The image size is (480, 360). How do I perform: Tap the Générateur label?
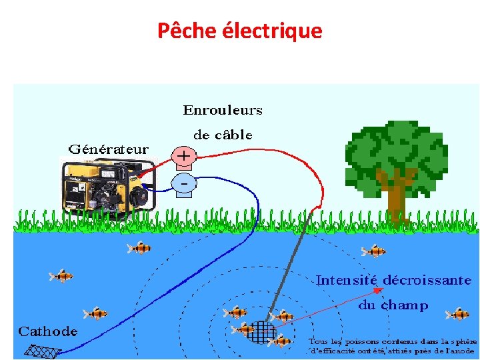pyautogui.click(x=108, y=148)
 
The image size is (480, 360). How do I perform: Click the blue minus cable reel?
pyautogui.click(x=184, y=182)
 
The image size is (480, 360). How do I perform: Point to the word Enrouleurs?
pyautogui.click(x=223, y=110)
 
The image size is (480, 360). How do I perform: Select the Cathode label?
pyautogui.click(x=47, y=331)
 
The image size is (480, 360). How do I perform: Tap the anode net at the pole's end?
pyautogui.click(x=261, y=332)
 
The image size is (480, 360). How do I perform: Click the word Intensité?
pyautogui.click(x=347, y=281)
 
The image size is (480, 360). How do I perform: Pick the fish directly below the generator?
pyautogui.click(x=139, y=249)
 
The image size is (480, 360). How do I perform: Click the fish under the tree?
pyautogui.click(x=373, y=251)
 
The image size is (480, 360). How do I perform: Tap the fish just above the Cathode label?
pyautogui.click(x=95, y=313)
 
